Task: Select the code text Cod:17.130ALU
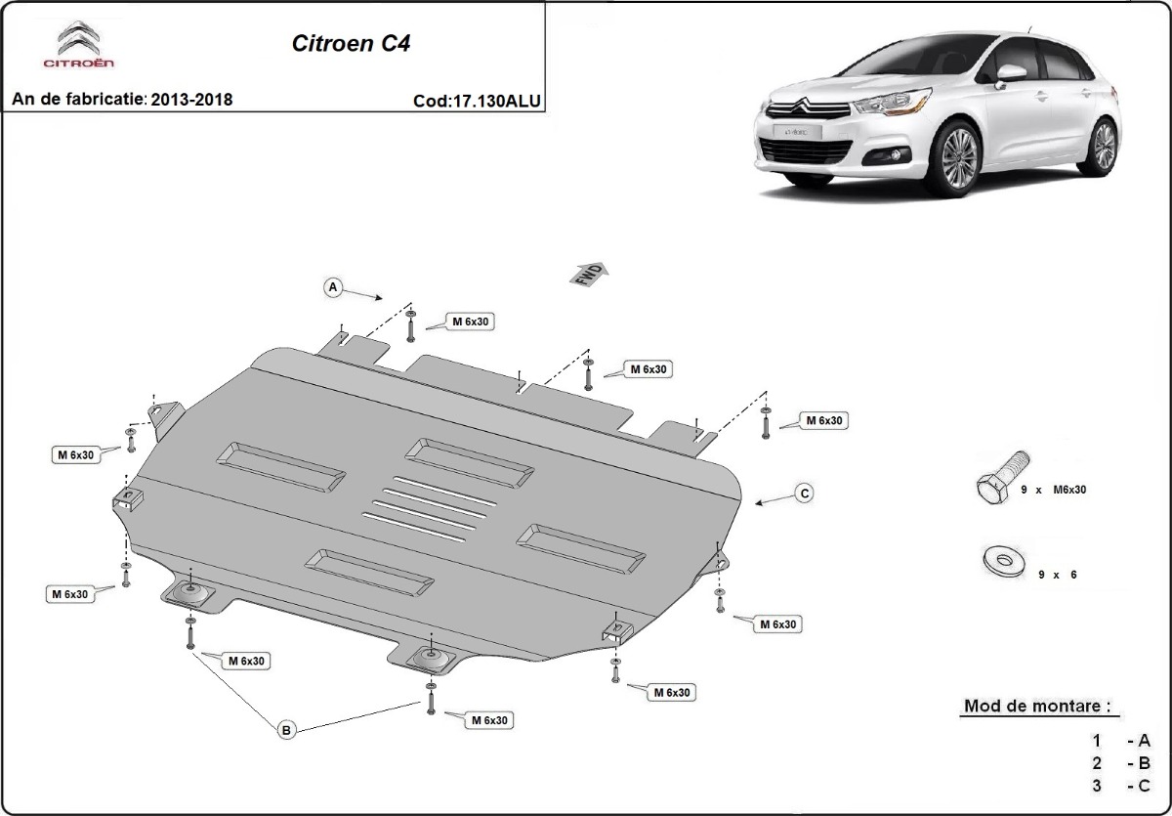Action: [477, 100]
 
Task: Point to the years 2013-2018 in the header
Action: [191, 100]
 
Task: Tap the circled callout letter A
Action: [333, 287]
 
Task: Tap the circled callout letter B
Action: [285, 729]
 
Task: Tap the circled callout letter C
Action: [805, 493]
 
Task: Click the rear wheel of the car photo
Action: [1103, 146]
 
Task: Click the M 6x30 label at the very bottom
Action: [487, 720]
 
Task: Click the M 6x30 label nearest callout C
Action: [822, 420]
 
